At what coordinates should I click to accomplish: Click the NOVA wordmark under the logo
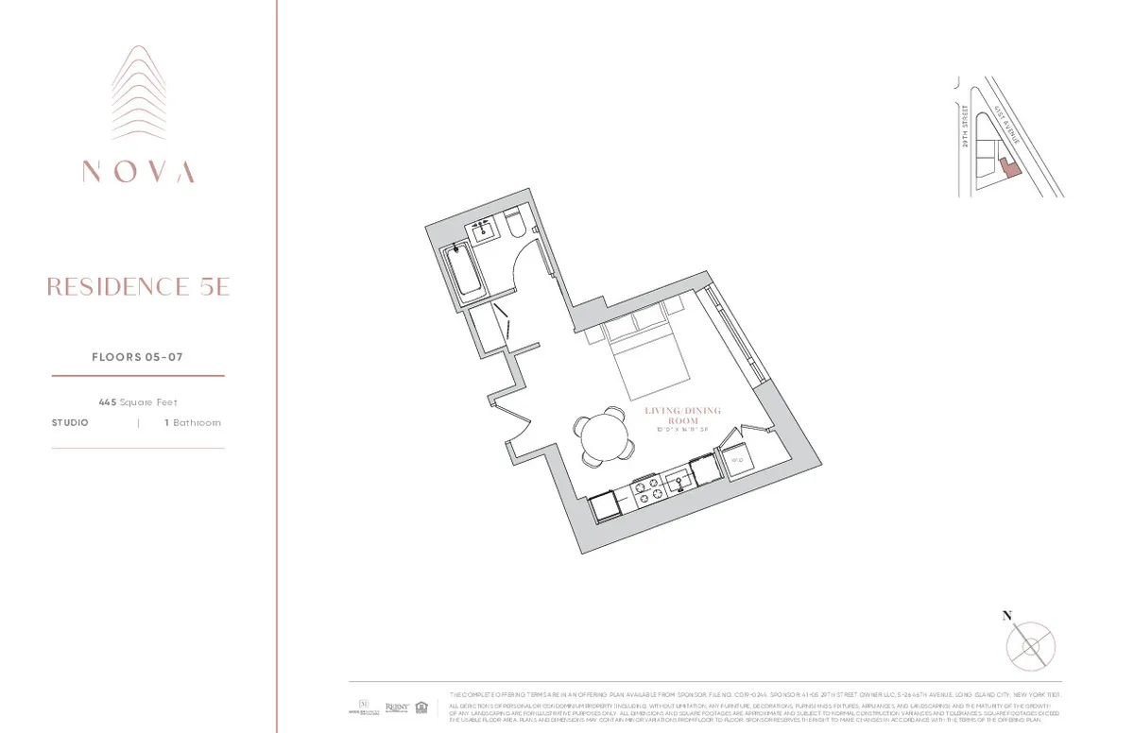pos(138,172)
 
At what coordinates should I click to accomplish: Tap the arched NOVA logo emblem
pos(138,94)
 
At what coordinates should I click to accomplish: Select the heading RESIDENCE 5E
pos(138,287)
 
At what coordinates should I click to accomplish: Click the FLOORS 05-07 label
pos(137,357)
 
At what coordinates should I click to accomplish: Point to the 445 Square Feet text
pos(138,402)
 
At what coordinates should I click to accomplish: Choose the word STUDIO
pos(70,423)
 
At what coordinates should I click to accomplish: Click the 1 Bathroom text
pos(193,423)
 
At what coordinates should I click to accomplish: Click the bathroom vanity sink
pos(485,229)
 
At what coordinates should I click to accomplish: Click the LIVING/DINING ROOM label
pos(682,417)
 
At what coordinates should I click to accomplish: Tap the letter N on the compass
pos(1007,616)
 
